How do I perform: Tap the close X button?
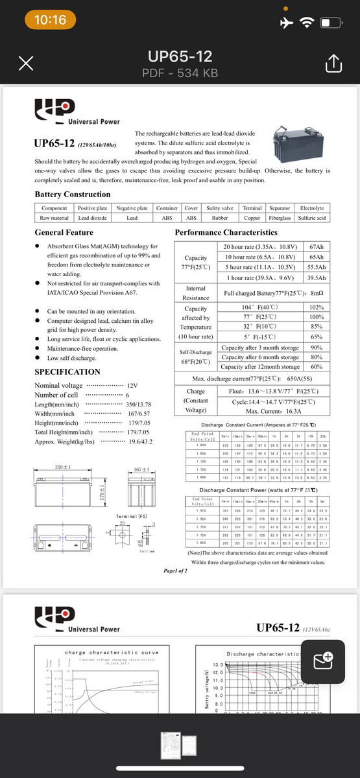(26, 64)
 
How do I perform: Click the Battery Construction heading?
(72, 194)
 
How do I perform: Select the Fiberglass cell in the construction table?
(280, 218)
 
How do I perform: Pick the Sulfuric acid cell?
(312, 218)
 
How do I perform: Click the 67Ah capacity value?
(317, 247)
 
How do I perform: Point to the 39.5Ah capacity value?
(316, 277)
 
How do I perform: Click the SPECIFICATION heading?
(67, 372)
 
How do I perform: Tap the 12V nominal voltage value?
(132, 385)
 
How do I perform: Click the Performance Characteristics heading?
(226, 232)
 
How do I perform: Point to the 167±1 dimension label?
(141, 469)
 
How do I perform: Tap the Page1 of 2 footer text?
(172, 571)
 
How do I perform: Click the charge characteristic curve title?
(112, 653)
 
